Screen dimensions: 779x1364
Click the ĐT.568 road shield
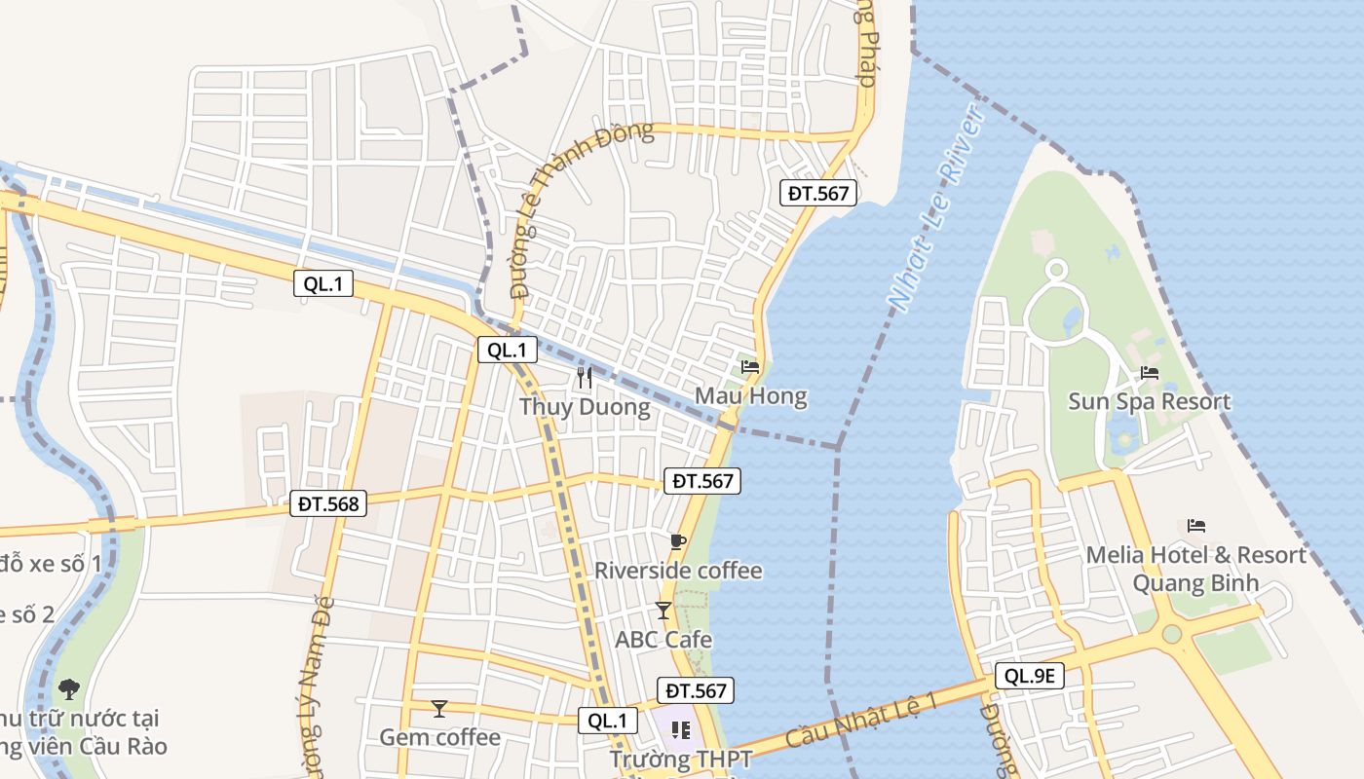tap(328, 504)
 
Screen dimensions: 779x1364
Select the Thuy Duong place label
tap(585, 406)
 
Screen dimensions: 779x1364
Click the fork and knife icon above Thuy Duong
tap(585, 378)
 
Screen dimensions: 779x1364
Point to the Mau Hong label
tap(750, 396)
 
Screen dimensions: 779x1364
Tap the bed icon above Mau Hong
tap(750, 367)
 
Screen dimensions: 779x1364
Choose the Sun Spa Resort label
tap(1150, 401)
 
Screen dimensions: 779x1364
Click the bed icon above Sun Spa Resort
tap(1150, 373)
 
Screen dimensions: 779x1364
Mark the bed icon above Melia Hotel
tap(1196, 526)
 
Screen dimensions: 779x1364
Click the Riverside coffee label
tap(678, 570)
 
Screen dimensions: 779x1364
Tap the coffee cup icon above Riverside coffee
tap(678, 541)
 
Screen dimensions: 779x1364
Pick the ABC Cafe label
tap(663, 640)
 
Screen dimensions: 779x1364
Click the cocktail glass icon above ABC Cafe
tap(663, 611)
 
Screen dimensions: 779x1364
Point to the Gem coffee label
tap(439, 737)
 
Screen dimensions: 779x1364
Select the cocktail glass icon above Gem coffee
tap(439, 709)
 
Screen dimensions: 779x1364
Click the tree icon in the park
tap(69, 689)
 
